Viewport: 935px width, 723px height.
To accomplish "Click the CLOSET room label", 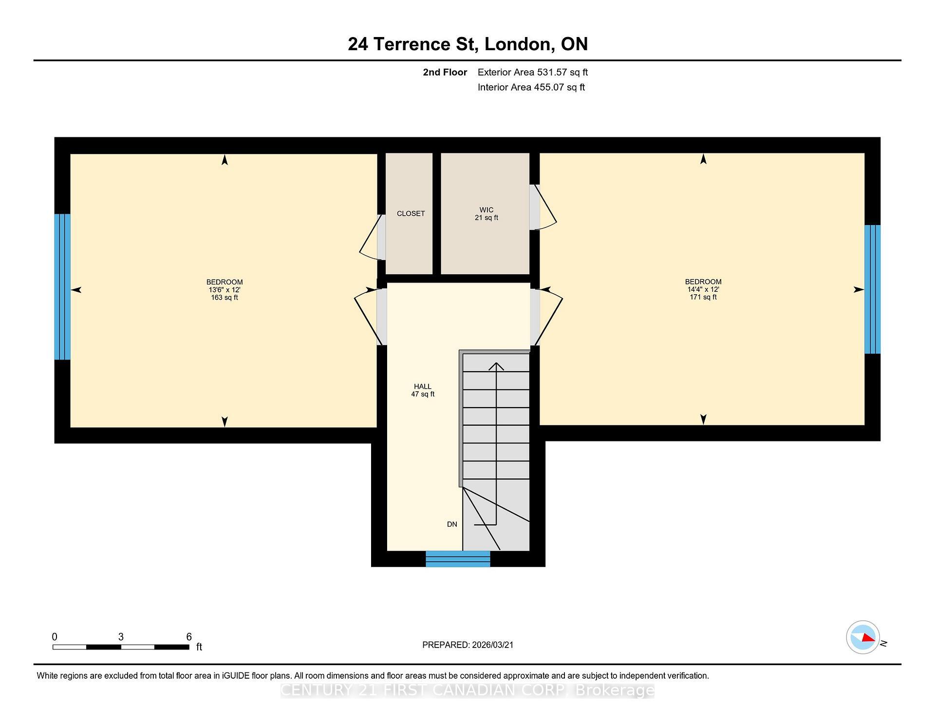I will click(411, 213).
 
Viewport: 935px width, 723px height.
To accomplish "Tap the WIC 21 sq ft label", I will click(486, 214).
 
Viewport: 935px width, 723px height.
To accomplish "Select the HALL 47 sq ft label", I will click(422, 390).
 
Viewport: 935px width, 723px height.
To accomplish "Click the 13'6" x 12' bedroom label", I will click(224, 289).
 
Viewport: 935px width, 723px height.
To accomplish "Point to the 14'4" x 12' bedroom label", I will click(703, 289).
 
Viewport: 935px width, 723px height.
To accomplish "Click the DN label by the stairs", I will click(452, 524).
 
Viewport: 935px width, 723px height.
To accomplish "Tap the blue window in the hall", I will click(458, 559).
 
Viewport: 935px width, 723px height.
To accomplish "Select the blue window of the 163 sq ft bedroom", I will click(62, 286).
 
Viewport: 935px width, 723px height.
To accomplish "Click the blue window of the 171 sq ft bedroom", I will click(872, 289).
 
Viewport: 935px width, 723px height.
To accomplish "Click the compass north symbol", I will click(863, 637).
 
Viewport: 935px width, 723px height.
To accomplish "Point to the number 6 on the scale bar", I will click(189, 637).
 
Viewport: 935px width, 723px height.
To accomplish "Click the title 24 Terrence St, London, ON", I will click(467, 44).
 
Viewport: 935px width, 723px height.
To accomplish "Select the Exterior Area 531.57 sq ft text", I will click(532, 72).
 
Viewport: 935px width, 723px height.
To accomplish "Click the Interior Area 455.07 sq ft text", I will click(531, 87).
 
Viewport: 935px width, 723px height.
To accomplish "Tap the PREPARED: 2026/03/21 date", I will click(467, 645).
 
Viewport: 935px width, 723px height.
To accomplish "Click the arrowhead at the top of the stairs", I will click(496, 366).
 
